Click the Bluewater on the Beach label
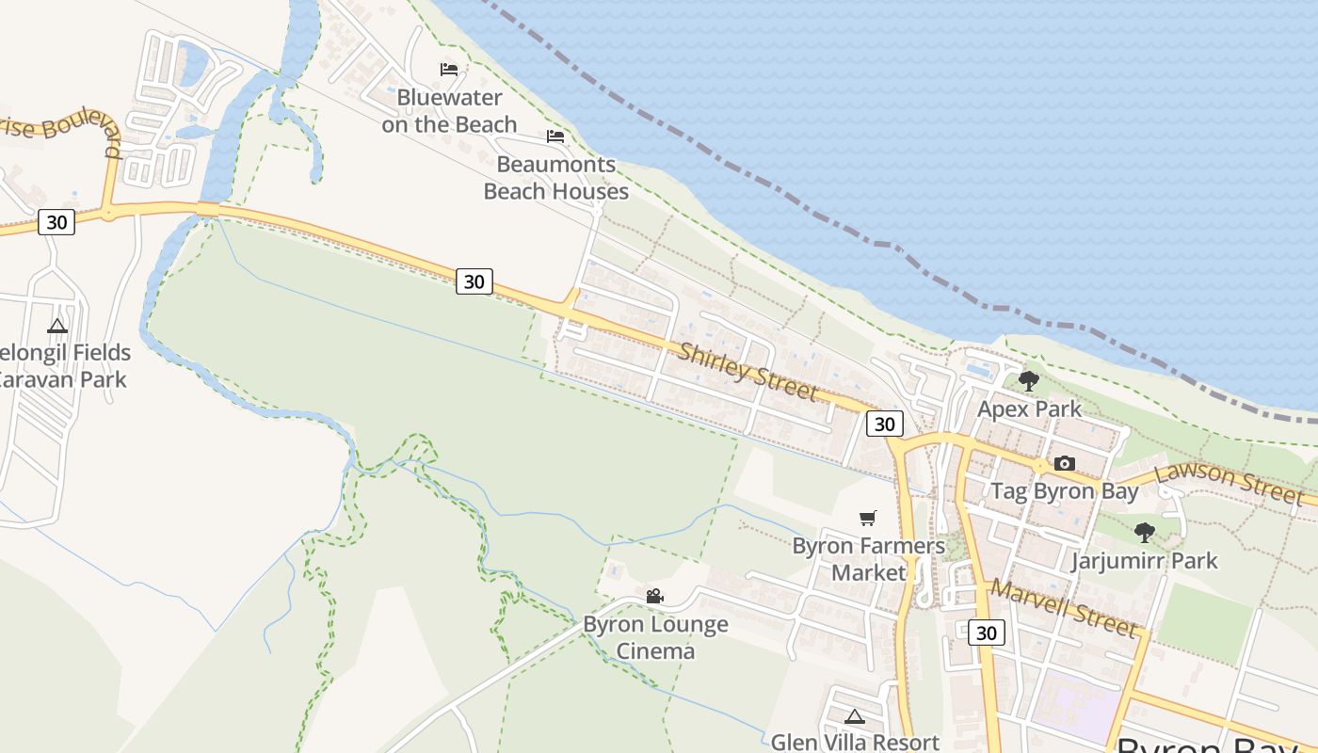tap(449, 111)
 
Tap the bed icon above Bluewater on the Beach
tap(449, 70)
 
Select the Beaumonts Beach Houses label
tap(555, 178)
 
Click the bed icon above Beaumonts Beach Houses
tap(555, 136)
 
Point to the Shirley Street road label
tap(747, 371)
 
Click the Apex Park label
tap(1029, 409)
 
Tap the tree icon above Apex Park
tap(1029, 381)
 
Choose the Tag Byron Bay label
tap(1065, 491)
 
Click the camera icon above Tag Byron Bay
tap(1065, 463)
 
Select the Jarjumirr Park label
tap(1144, 561)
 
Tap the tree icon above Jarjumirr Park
tap(1144, 533)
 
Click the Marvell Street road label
tap(1064, 607)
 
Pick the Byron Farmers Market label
tap(868, 559)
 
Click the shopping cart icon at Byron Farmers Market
tap(868, 518)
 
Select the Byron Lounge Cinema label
tap(655, 637)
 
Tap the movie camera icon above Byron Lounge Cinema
tap(655, 596)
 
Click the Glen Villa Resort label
tap(855, 742)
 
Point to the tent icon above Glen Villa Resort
tap(855, 716)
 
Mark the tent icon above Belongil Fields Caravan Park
tap(57, 327)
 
